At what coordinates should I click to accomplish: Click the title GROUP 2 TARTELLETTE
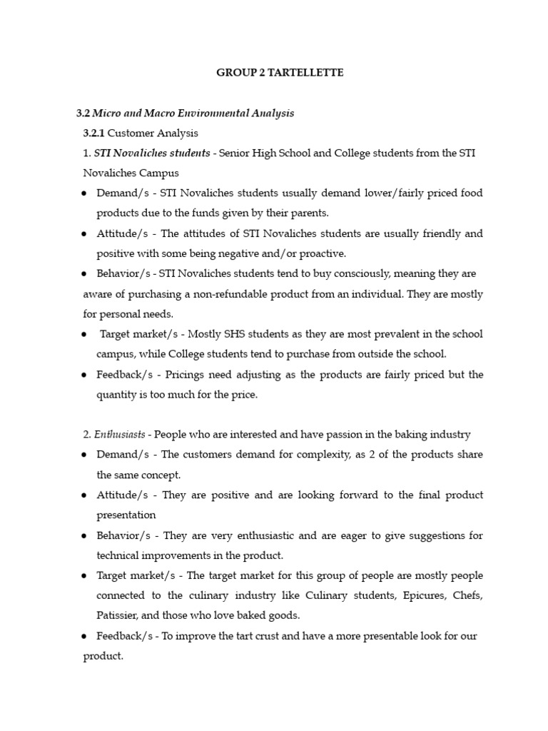pyautogui.click(x=280, y=74)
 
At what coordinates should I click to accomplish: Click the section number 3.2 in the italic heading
pyautogui.click(x=83, y=114)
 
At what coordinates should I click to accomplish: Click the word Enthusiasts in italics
pyautogui.click(x=122, y=435)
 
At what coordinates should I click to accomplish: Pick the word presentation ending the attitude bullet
pyautogui.click(x=126, y=515)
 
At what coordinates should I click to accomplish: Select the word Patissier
pyautogui.click(x=118, y=615)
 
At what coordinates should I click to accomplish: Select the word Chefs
pyautogui.click(x=466, y=595)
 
